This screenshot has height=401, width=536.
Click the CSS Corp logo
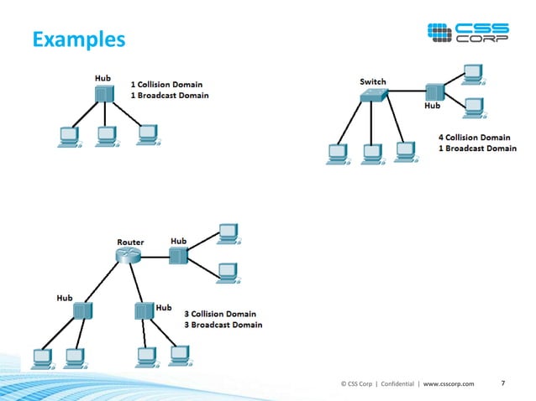tap(468, 34)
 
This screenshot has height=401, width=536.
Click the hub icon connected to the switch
tap(434, 92)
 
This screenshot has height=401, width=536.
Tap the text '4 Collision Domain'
tap(473, 137)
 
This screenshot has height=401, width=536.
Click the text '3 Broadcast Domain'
tap(223, 325)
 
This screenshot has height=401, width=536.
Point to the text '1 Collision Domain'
tap(169, 84)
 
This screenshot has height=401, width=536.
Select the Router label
tap(130, 242)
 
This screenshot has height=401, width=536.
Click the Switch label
tap(373, 81)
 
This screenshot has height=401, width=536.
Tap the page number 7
tap(502, 383)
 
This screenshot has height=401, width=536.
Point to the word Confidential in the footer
tap(397, 384)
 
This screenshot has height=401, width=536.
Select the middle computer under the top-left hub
tap(105, 135)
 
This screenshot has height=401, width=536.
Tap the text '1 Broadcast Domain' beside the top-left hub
tap(170, 96)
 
